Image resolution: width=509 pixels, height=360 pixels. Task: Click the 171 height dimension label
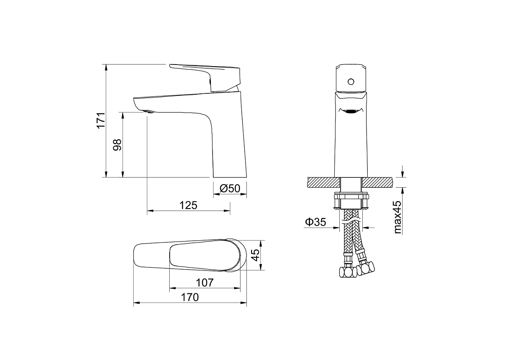click(x=101, y=120)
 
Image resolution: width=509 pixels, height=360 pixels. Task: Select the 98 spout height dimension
click(x=117, y=145)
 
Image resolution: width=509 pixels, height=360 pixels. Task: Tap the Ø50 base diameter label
click(x=230, y=188)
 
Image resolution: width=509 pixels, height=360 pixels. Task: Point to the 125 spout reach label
click(x=188, y=205)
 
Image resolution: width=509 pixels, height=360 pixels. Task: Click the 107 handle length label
click(x=205, y=283)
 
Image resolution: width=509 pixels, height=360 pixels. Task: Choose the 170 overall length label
click(x=190, y=297)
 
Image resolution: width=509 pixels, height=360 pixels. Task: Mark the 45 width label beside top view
click(x=256, y=255)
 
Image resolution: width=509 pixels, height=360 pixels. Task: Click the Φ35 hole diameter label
click(x=316, y=222)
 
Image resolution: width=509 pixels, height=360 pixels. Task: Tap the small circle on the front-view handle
click(x=351, y=82)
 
